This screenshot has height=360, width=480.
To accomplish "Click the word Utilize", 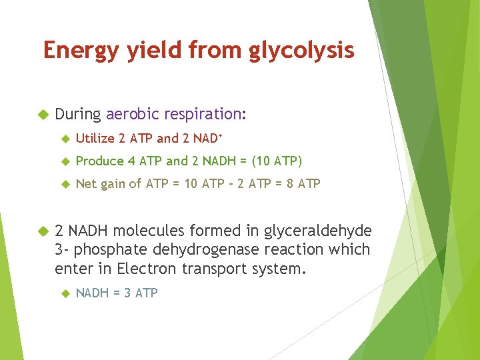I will tap(95, 139).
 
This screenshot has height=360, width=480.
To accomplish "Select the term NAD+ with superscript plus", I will tap(208, 138).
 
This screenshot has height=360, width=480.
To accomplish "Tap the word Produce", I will tap(100, 161).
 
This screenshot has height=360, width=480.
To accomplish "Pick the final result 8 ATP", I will tap(303, 183).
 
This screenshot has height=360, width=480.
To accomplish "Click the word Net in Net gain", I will tap(86, 183).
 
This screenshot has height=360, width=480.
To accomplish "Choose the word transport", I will tap(211, 269).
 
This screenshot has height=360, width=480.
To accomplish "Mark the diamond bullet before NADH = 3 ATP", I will tap(65, 293).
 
